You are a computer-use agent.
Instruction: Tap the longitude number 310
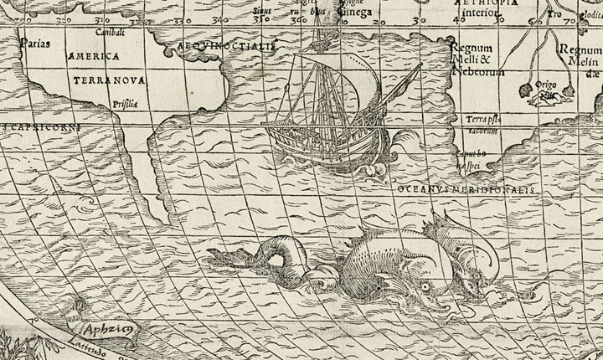click(102, 18)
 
